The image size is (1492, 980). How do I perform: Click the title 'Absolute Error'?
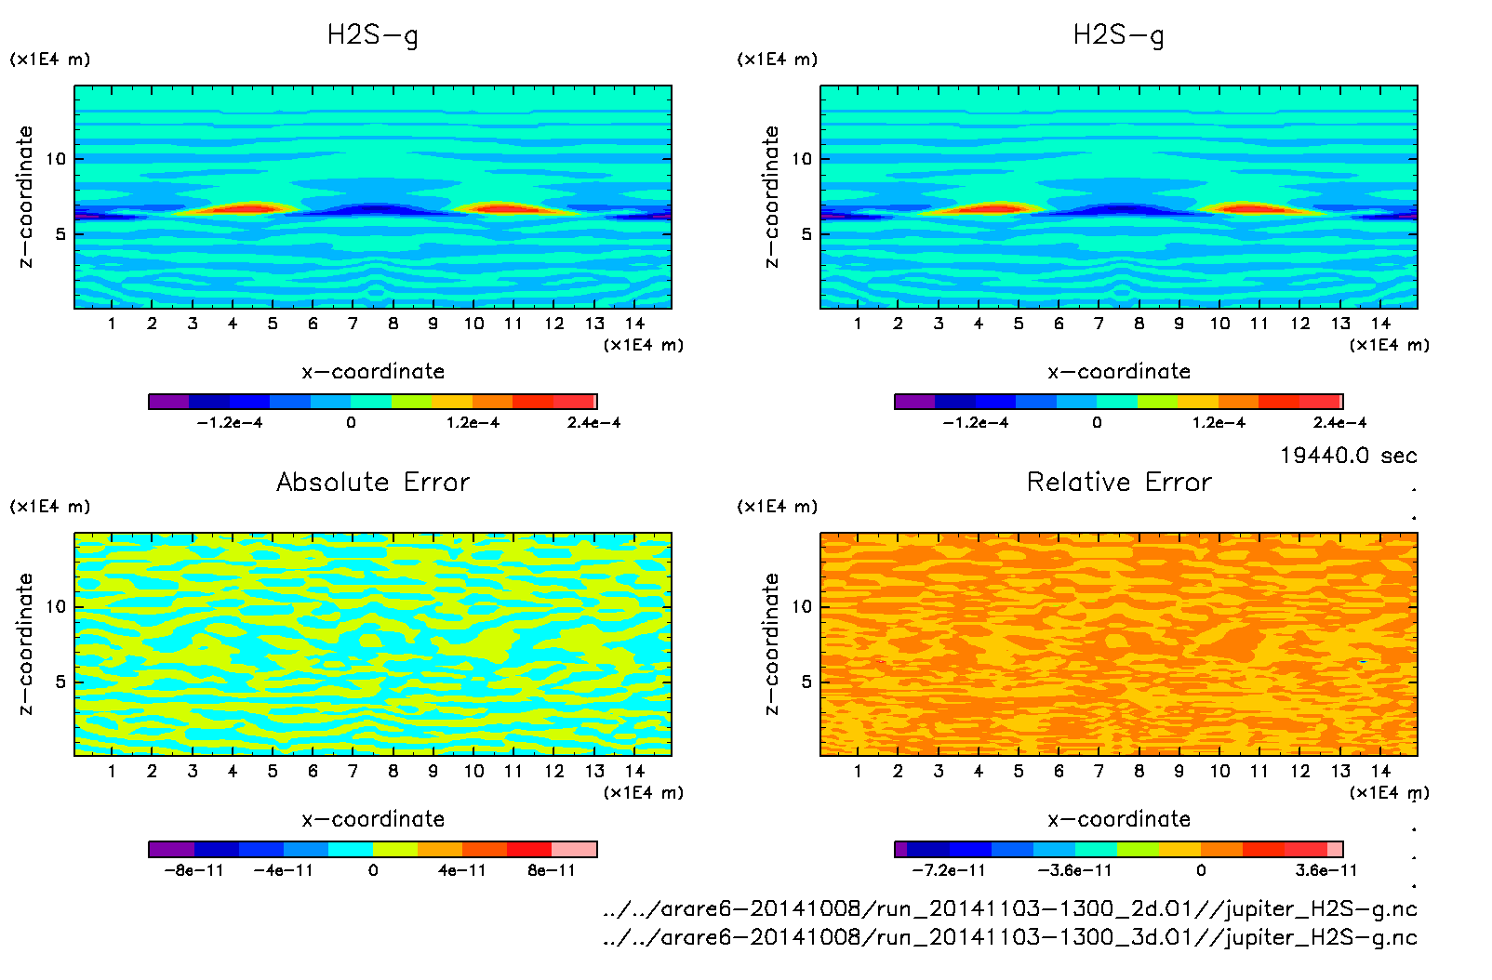coord(373,482)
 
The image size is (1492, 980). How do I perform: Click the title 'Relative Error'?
coord(1119,482)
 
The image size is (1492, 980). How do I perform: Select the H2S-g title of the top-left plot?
coord(373,35)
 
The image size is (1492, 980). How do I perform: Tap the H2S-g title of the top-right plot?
coord(1119,35)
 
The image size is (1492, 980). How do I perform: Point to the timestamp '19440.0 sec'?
coord(1348,456)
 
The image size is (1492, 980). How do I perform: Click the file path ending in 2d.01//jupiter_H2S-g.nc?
coord(1010,908)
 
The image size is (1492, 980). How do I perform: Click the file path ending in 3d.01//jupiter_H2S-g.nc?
coord(1010,937)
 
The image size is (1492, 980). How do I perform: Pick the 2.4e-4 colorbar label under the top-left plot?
coord(593,423)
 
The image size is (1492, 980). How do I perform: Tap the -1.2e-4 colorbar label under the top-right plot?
coord(975,423)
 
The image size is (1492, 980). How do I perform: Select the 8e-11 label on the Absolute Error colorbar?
coord(552,871)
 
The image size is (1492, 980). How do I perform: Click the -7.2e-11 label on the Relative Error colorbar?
coord(948,871)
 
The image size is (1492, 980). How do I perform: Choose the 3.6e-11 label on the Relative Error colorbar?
coord(1325,871)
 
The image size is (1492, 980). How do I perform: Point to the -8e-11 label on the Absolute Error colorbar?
coord(193,871)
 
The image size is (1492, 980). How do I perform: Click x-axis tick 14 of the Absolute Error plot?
coord(634,771)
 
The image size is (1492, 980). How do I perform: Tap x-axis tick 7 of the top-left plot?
coord(353,324)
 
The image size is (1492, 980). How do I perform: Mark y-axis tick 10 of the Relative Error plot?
coord(802,607)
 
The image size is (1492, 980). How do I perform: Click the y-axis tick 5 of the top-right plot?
coord(806,234)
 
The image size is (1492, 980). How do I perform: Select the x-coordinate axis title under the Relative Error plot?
coord(1119,819)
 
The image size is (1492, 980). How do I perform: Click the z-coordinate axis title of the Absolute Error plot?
coord(26,644)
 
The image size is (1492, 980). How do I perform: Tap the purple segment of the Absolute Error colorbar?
coord(171,849)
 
